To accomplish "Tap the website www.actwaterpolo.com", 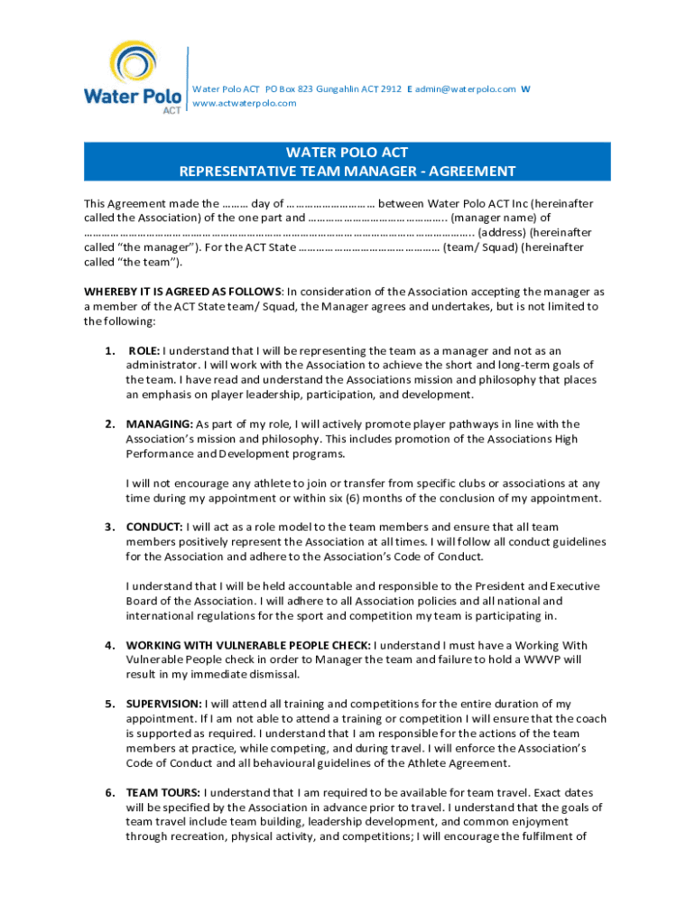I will [245, 103].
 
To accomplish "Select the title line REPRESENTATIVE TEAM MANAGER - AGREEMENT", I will [347, 171].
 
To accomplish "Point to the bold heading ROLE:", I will [144, 351].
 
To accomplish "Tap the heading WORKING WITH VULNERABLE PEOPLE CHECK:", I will [248, 645].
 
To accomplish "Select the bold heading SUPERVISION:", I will [164, 704].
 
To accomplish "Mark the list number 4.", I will [108, 645].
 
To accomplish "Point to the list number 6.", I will [108, 792].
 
